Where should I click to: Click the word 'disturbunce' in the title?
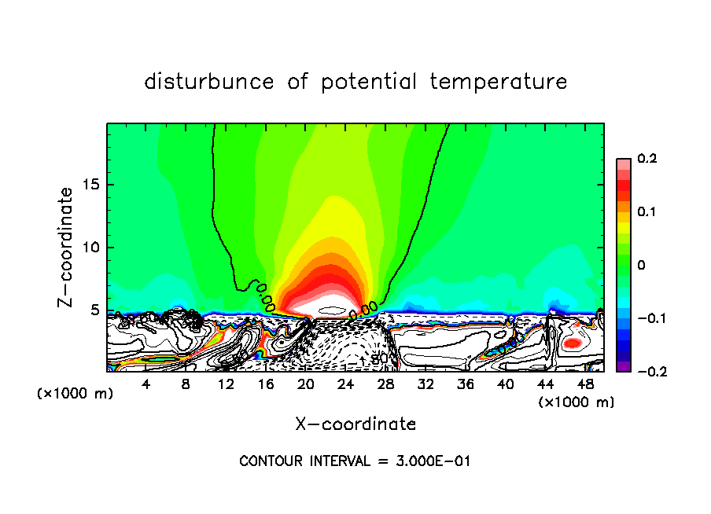pyautogui.click(x=208, y=82)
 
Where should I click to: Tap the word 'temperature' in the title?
pyautogui.click(x=500, y=82)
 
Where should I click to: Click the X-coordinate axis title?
pyautogui.click(x=355, y=424)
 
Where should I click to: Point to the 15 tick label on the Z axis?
pyautogui.click(x=90, y=185)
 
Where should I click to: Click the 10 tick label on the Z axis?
pyautogui.click(x=90, y=248)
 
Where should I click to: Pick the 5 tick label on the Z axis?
pyautogui.click(x=94, y=310)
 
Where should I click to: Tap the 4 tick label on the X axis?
pyautogui.click(x=146, y=384)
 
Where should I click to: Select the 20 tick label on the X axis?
pyautogui.click(x=306, y=384)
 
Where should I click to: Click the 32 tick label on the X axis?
pyautogui.click(x=425, y=384)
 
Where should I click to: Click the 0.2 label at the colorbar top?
pyautogui.click(x=647, y=159)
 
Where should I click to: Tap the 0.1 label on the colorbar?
pyautogui.click(x=647, y=212)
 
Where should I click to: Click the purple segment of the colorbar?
pyautogui.click(x=623, y=366)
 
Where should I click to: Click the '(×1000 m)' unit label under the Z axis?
pyautogui.click(x=75, y=394)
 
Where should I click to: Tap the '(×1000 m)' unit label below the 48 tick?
pyautogui.click(x=576, y=402)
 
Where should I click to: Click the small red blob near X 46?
pyautogui.click(x=572, y=343)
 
